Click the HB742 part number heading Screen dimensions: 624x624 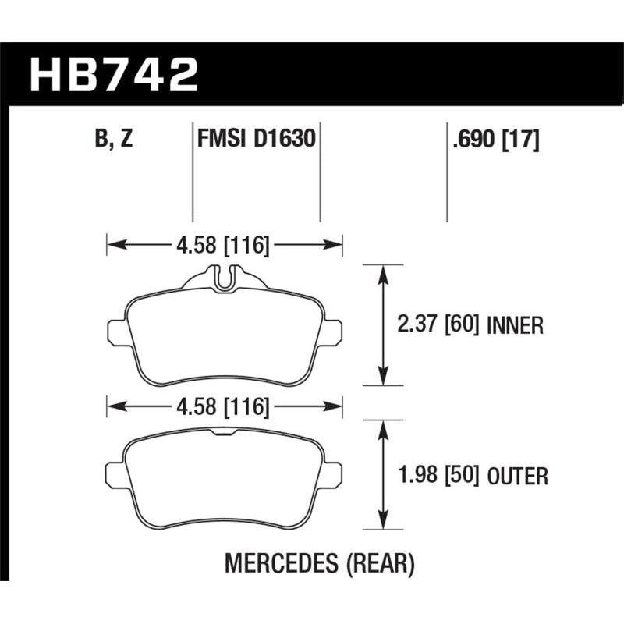click(114, 74)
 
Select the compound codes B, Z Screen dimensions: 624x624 click(114, 140)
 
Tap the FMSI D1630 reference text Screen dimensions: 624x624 click(257, 139)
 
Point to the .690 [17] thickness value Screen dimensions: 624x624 click(495, 140)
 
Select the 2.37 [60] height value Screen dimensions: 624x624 click(438, 324)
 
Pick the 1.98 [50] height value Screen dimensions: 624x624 click(438, 475)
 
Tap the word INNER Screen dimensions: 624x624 click(515, 325)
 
